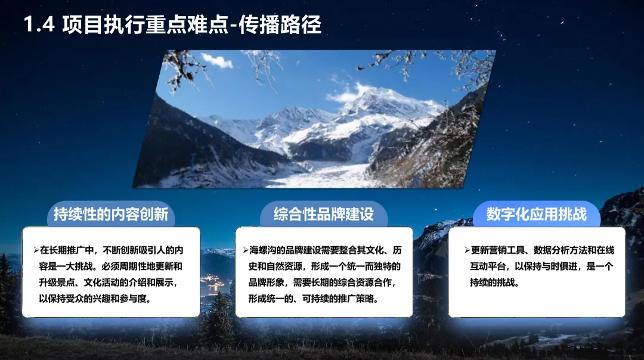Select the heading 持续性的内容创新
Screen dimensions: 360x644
pyautogui.click(x=111, y=215)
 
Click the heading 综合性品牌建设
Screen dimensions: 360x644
pyautogui.click(x=323, y=215)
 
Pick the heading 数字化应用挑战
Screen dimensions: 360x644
pyautogui.click(x=536, y=215)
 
